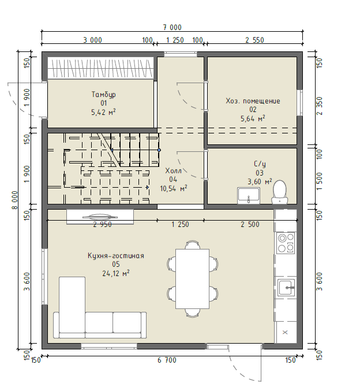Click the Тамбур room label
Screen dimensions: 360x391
pos(104,95)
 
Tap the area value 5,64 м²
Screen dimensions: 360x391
pos(253,118)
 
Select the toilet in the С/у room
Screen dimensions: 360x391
pos(280,192)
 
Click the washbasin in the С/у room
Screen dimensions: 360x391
pos(249,195)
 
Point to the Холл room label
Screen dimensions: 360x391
pos(173,170)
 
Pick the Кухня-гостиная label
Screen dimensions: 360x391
pos(116,256)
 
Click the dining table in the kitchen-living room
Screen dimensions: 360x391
pos(192,279)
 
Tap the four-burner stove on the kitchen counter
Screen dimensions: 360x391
pos(286,243)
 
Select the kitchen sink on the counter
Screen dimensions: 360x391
pos(287,288)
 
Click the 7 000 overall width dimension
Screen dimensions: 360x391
pos(172,27)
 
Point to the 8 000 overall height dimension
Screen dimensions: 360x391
pos(14,200)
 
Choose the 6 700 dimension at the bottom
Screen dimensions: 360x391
pos(167,360)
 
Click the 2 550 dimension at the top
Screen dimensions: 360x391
pos(254,40)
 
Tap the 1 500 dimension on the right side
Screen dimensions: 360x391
pos(319,181)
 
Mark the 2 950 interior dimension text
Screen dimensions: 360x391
pos(102,225)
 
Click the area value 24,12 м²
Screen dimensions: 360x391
pos(116,273)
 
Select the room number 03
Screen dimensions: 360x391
pos(260,173)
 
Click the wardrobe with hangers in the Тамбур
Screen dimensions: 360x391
pos(100,68)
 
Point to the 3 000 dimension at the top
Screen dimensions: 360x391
pos(92,40)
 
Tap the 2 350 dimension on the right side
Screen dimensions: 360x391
pos(319,106)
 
